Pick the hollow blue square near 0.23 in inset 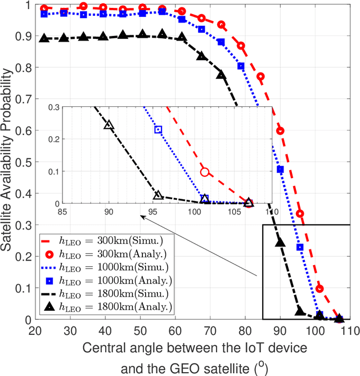[158, 129]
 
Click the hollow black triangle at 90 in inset [109, 125]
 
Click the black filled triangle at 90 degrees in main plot [280, 243]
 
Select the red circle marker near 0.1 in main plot [320, 289]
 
